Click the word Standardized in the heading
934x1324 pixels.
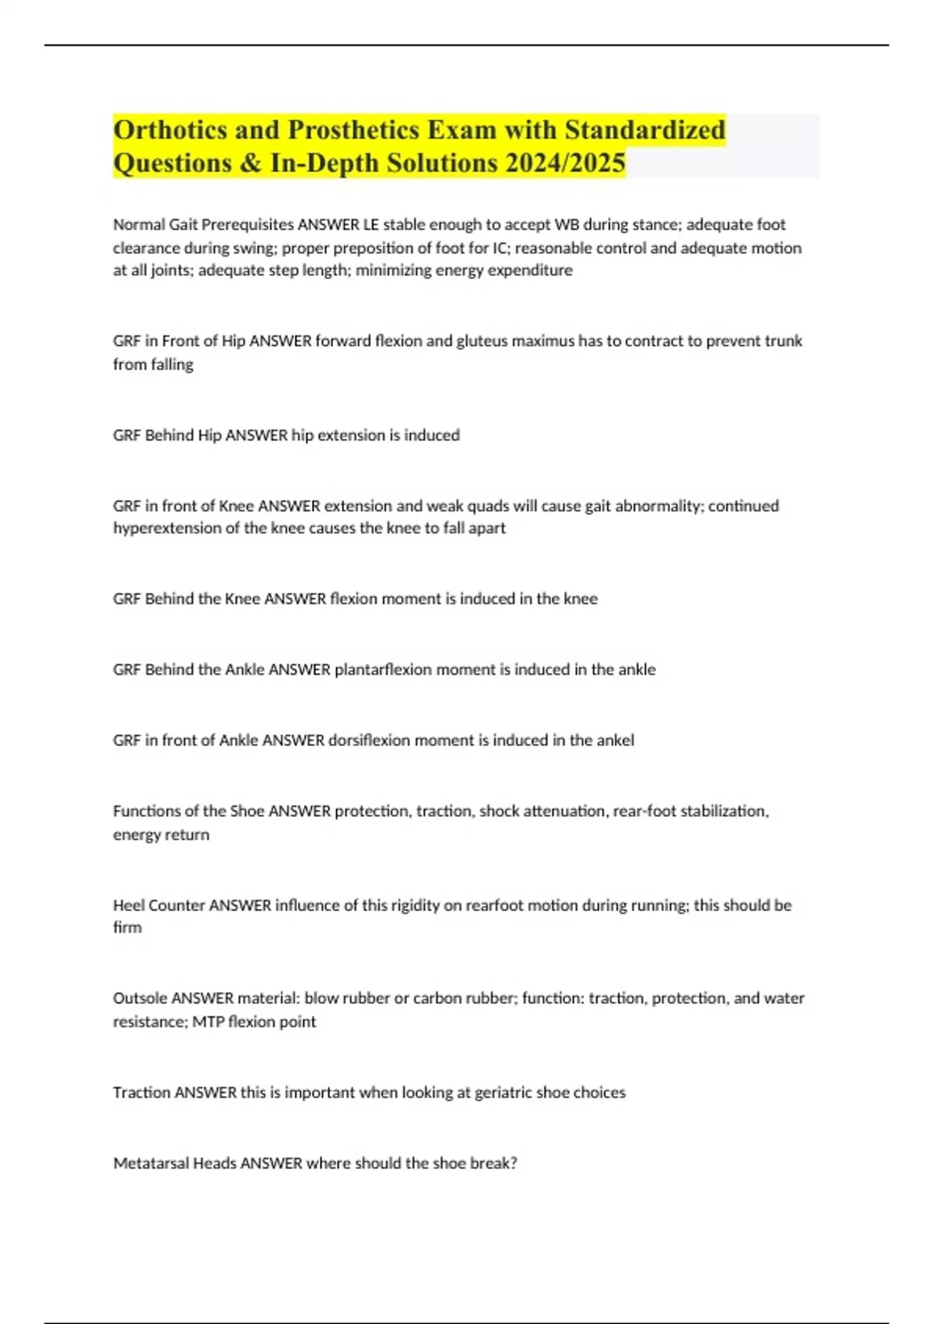[x=645, y=129]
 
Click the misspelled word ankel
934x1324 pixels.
[x=615, y=740]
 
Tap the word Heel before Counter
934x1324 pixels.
[x=128, y=905]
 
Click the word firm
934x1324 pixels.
[x=127, y=928]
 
